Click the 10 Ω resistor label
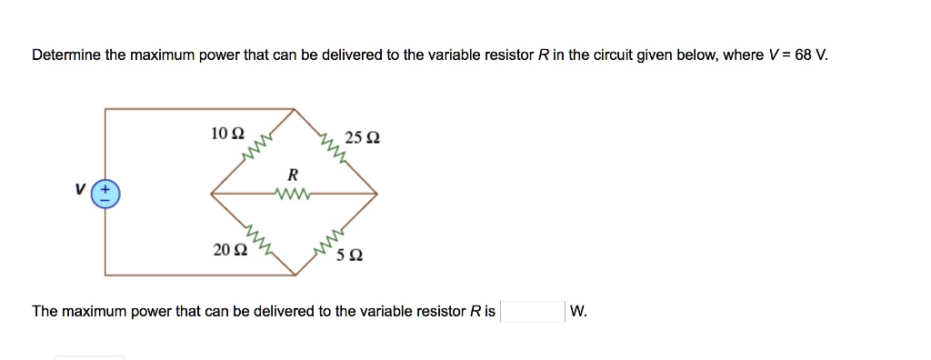point(226,134)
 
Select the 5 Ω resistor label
point(350,255)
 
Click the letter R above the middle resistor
point(292,173)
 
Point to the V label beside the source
point(81,189)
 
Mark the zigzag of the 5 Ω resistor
point(327,241)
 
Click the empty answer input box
point(534,312)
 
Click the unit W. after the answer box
point(578,312)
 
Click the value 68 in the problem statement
point(803,55)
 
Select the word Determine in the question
point(66,55)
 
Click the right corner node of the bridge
point(377,193)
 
